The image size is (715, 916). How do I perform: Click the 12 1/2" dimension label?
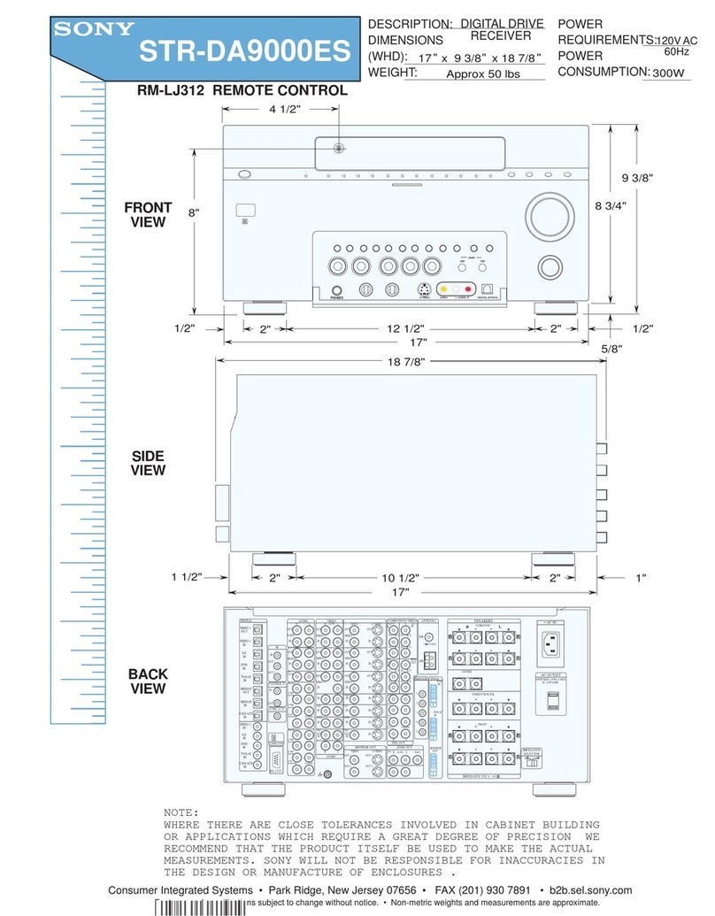point(410,328)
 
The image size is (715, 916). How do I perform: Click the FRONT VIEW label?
point(148,215)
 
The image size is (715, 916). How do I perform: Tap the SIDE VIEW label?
point(148,463)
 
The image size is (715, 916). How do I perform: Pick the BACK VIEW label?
point(148,681)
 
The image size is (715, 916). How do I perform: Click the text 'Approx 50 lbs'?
point(482,74)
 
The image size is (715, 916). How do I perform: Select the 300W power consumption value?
point(670,74)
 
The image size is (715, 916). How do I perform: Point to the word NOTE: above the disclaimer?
point(181,812)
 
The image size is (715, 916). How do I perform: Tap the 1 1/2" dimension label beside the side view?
point(187,577)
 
